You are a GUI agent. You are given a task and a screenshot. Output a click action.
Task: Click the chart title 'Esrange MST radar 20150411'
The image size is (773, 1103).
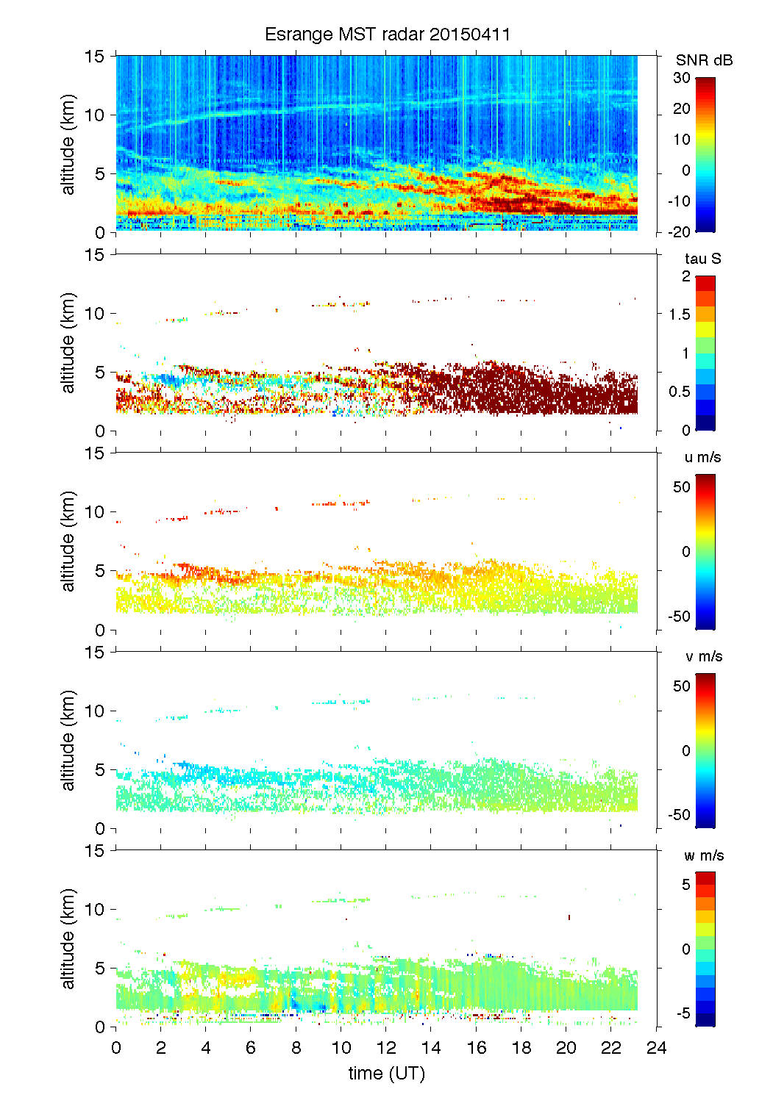(387, 35)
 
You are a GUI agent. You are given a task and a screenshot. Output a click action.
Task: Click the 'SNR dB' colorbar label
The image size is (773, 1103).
(704, 60)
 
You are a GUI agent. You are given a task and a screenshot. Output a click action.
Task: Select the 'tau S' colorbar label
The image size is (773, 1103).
(702, 259)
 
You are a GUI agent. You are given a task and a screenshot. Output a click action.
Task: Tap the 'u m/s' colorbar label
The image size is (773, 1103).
(702, 457)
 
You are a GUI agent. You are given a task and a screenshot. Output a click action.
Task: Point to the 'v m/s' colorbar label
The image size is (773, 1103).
(703, 656)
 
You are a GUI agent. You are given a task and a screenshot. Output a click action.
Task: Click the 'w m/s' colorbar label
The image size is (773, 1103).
(703, 855)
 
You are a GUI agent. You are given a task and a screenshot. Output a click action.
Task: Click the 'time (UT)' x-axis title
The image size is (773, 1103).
(387, 1074)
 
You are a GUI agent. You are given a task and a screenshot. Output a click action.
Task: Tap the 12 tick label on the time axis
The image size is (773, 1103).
(386, 1048)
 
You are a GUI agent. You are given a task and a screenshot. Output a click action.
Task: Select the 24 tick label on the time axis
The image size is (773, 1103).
(656, 1048)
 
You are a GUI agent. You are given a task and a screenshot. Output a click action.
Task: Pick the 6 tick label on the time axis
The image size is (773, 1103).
(251, 1048)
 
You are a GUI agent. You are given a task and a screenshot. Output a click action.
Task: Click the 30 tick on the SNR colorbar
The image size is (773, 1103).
(682, 78)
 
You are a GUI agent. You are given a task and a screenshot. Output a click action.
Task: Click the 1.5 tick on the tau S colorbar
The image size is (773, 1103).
(680, 315)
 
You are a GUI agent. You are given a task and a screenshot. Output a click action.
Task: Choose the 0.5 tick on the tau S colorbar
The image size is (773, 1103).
(680, 392)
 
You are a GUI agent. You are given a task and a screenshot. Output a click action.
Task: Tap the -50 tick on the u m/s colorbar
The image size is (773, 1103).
(679, 617)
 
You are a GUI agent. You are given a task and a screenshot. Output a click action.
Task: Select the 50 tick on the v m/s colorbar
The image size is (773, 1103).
(682, 686)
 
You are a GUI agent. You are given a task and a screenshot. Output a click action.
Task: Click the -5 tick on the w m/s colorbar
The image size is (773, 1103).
(682, 1014)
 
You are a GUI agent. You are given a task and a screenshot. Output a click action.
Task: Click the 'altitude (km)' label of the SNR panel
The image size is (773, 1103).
(68, 144)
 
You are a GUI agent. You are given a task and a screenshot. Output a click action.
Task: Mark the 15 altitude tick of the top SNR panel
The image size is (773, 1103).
(95, 56)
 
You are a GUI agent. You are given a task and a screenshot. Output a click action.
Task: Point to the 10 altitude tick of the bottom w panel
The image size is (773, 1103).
(95, 910)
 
